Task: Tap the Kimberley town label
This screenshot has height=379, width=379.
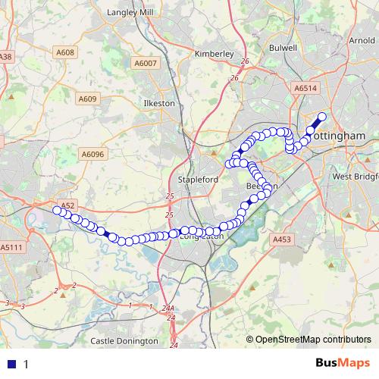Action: tap(215, 55)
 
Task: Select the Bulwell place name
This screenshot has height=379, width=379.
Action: tap(283, 48)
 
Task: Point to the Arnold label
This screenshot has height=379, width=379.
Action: tap(361, 40)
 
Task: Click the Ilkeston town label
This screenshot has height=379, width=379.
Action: tap(159, 103)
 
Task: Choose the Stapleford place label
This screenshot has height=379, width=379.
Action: tap(197, 179)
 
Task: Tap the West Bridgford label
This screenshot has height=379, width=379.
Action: tap(355, 177)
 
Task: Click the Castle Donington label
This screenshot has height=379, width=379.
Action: tap(124, 341)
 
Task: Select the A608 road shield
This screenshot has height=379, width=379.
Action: tap(66, 52)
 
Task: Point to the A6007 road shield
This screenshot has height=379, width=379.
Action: tap(144, 64)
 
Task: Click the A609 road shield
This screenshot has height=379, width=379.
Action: tap(88, 99)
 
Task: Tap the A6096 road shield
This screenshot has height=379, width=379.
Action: tap(92, 154)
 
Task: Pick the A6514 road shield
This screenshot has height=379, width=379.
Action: tap(305, 89)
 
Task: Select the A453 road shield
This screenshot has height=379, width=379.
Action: tap(281, 240)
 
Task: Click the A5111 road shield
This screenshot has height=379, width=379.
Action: tap(11, 247)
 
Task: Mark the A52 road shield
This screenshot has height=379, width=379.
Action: tap(67, 205)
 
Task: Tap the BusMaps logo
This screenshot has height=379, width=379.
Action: tap(337, 363)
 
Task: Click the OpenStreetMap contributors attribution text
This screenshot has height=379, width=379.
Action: tap(312, 340)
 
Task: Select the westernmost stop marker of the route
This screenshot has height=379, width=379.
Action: tap(57, 211)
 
